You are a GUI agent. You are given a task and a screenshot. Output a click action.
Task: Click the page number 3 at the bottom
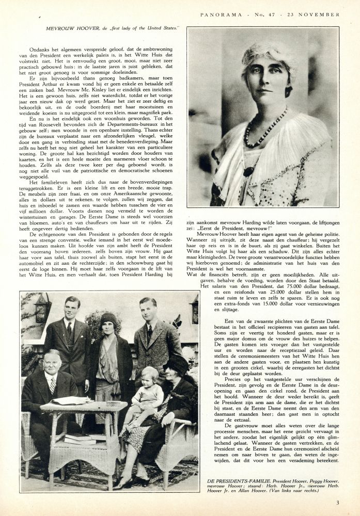coord(337,503)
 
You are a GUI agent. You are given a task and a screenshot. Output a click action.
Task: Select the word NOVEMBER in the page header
coord(320,14)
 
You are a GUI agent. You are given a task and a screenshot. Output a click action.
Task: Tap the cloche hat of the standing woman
coord(108,319)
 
